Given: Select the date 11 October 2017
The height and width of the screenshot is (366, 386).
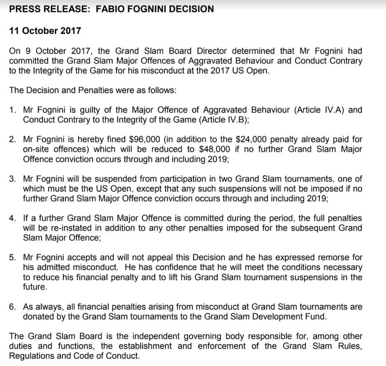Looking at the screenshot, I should pyautogui.click(x=45, y=31).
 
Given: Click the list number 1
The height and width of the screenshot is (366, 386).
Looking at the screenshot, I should pyautogui.click(x=13, y=110).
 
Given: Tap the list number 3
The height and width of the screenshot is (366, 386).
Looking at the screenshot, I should pyautogui.click(x=13, y=179).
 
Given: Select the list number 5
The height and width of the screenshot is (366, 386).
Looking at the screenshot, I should pyautogui.click(x=13, y=257).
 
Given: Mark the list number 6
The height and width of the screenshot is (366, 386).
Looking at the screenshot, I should pyautogui.click(x=13, y=306).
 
